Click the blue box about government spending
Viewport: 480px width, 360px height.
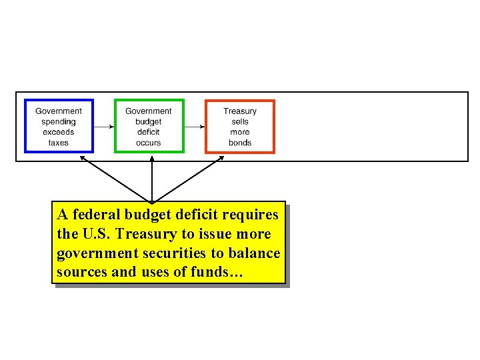59,126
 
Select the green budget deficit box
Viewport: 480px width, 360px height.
148,126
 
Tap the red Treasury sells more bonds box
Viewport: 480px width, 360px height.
239,126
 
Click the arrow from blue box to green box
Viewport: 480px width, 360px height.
103,126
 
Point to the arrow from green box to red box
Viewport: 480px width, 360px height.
194,126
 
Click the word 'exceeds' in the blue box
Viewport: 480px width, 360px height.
59,132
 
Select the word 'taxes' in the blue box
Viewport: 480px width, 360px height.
59,143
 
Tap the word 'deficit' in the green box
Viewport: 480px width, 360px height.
148,132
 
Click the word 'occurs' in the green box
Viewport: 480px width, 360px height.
148,143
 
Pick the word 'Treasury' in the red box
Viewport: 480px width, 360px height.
240,111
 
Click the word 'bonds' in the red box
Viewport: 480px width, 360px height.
240,143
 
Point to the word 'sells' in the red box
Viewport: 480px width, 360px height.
240,122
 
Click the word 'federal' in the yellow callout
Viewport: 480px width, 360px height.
94,215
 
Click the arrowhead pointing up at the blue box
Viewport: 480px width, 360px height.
82,158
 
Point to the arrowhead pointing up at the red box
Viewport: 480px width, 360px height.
222,158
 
